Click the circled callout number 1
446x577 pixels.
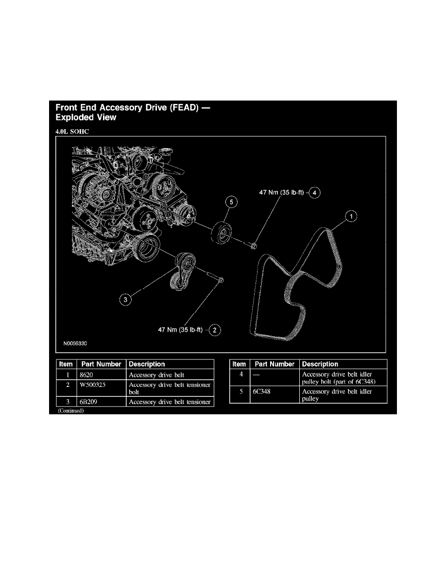point(351,216)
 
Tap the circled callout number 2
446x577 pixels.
point(215,330)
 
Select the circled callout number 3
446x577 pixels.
point(125,300)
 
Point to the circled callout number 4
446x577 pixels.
point(314,192)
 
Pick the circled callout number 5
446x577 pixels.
point(231,202)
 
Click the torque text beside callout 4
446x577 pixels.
point(281,192)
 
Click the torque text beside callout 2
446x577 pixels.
point(180,330)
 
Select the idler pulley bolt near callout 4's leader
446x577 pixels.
point(250,244)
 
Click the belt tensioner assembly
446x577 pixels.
point(183,271)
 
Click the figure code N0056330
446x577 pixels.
point(75,343)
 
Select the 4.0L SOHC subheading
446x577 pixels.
point(72,131)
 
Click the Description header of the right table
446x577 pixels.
point(320,364)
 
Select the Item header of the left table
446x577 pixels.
point(66,364)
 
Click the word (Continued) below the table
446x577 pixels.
point(70,411)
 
